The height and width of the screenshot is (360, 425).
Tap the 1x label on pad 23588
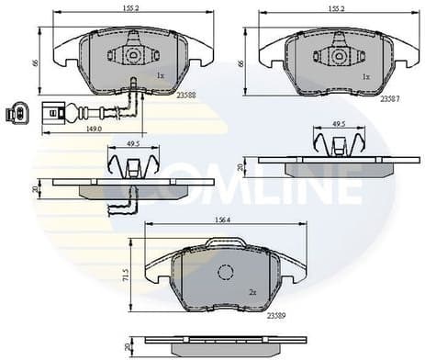coord(161,76)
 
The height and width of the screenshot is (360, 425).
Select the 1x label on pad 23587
coord(367,76)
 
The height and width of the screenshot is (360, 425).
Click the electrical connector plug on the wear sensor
coord(16,115)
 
